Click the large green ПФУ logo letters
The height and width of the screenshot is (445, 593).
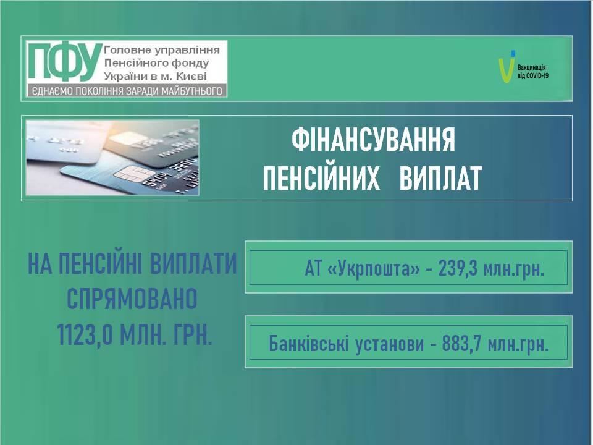point(65,62)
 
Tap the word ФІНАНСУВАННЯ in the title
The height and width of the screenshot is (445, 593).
point(373,139)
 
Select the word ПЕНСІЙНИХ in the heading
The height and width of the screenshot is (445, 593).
point(321,178)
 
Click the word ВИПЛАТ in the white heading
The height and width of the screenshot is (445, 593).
point(440,178)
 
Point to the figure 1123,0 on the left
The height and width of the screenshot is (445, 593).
point(85,334)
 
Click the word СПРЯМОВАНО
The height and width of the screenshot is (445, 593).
point(132,299)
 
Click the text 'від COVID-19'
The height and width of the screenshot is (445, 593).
point(533,75)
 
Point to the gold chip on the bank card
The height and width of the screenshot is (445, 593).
point(128,173)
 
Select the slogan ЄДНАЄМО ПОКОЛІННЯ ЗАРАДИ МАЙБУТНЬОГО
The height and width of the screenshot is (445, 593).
point(127,91)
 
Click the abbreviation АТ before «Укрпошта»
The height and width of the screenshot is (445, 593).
point(313,269)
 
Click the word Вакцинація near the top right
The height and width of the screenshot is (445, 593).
point(532,68)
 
